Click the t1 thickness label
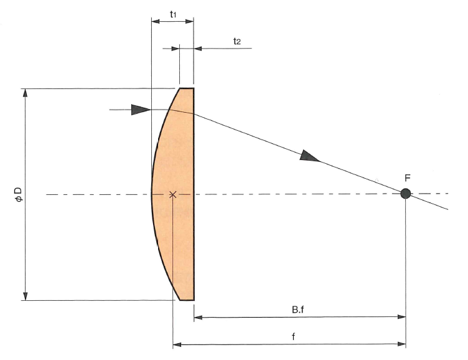pos(173,14)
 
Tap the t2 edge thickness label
pos(236,41)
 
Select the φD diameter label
pos(19,194)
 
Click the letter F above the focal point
pos(408,178)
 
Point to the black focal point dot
pos(405,194)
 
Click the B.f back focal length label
pos(298,310)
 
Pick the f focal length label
pos(293,337)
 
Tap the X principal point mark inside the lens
pos(172,194)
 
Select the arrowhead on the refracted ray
pos(309,156)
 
